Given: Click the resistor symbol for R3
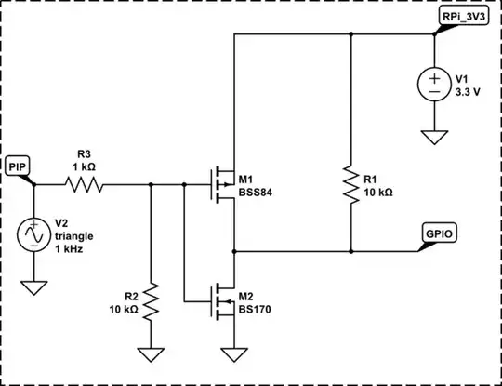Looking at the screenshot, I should click(84, 185).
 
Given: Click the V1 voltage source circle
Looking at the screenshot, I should click(434, 85).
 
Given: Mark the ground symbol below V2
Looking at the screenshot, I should click(33, 287).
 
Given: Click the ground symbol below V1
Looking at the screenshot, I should click(434, 138).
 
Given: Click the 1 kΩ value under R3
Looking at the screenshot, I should click(85, 166).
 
